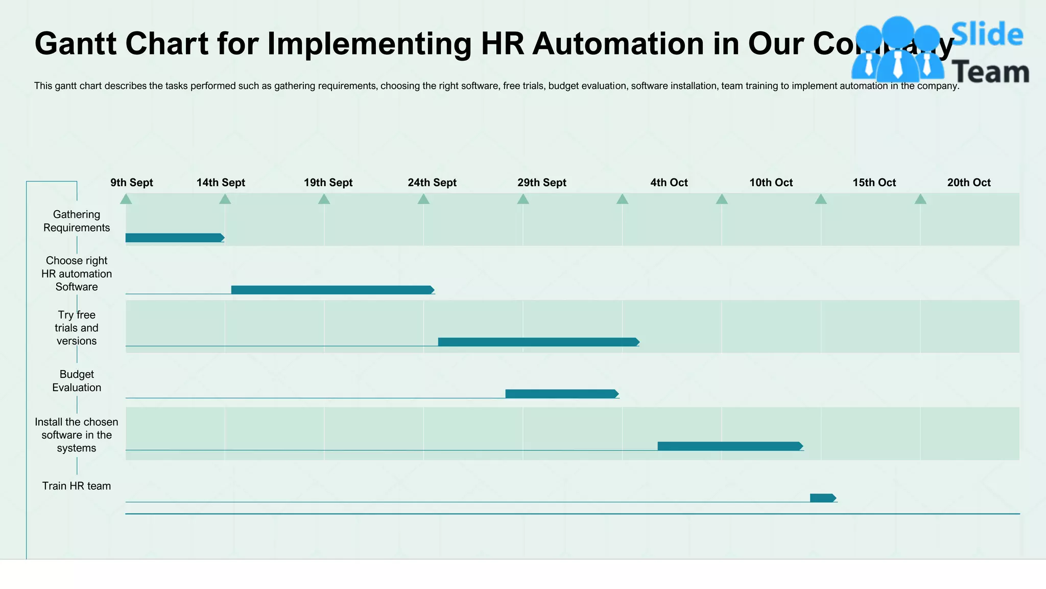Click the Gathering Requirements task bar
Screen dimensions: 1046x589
(174, 238)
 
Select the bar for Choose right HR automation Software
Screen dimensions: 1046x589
(332, 290)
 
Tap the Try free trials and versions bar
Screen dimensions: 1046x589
(538, 342)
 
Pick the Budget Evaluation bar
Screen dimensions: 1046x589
(561, 394)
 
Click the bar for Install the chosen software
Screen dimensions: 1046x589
(729, 446)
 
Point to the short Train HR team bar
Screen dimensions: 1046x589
(822, 498)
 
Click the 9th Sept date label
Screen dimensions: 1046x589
(132, 183)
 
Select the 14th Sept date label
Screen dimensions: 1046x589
(221, 183)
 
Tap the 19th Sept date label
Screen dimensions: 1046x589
(328, 183)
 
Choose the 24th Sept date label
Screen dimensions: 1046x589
(432, 183)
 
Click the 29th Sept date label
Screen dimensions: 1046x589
(542, 183)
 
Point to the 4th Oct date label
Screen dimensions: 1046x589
(669, 183)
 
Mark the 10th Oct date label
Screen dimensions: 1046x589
(771, 183)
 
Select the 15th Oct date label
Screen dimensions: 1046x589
(874, 183)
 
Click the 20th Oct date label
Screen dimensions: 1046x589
(968, 183)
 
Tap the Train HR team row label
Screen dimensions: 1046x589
(77, 486)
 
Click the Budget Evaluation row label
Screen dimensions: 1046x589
(77, 381)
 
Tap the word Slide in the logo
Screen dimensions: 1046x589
(987, 35)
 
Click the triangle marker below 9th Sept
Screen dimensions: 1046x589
(126, 199)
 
